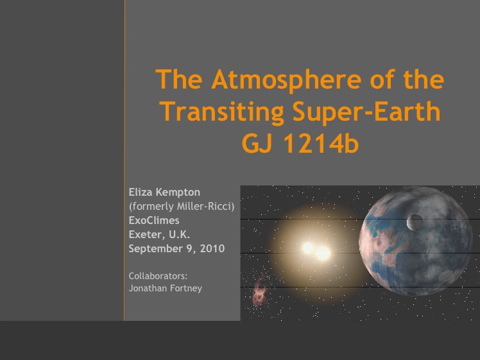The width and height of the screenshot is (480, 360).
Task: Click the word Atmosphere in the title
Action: click(x=287, y=80)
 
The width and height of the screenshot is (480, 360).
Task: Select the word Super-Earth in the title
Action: click(x=366, y=112)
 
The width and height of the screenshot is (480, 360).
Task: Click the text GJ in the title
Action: click(x=257, y=143)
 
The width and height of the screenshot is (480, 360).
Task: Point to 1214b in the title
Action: click(x=321, y=143)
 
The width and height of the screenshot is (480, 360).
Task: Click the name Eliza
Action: click(x=141, y=193)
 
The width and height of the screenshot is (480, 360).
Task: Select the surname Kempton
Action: click(x=178, y=193)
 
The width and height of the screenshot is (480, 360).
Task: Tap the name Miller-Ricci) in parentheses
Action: click(x=206, y=207)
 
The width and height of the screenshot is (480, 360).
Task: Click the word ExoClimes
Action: click(x=154, y=220)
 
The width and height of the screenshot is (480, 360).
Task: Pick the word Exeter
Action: click(x=147, y=235)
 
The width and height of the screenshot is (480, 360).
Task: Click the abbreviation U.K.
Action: click(x=180, y=234)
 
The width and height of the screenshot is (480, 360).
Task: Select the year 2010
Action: click(x=212, y=248)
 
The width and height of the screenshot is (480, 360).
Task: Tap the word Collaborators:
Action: click(x=158, y=276)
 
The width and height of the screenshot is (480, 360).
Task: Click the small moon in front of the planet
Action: click(x=415, y=222)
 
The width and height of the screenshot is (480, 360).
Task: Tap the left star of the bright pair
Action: click(x=308, y=247)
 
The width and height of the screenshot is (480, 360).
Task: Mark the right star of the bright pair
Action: click(x=323, y=253)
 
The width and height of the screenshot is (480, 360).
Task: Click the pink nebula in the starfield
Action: click(x=259, y=290)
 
